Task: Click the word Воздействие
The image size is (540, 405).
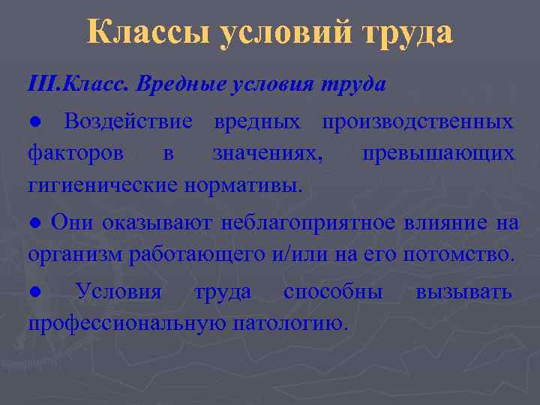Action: click(128, 121)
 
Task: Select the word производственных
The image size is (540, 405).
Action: click(417, 121)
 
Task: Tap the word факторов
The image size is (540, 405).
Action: click(75, 154)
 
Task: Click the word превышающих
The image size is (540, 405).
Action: click(438, 154)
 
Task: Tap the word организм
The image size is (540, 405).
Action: click(76, 254)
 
